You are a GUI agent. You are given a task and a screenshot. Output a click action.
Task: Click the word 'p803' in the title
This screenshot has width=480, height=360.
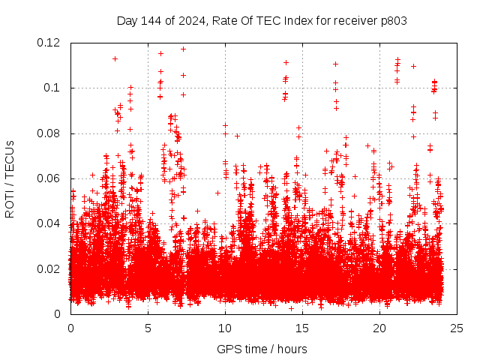pos(392,21)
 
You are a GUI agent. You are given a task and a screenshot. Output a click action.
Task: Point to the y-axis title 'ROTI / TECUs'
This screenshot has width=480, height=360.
pos(10,178)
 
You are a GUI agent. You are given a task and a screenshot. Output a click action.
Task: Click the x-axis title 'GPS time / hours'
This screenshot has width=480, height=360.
pos(263,349)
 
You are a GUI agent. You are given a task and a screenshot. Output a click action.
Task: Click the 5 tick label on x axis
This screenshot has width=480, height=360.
pos(148,328)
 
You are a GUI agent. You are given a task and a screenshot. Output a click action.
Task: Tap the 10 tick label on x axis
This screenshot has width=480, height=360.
pos(225,328)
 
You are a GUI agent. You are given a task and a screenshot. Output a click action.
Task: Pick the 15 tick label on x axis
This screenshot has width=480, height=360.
pos(302,328)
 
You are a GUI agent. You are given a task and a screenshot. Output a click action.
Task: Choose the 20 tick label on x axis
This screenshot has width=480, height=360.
pos(379,328)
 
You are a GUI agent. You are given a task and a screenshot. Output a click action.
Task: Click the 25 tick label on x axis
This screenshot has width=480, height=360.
pos(457,328)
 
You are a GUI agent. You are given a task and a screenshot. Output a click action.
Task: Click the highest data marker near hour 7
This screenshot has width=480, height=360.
pos(183,49)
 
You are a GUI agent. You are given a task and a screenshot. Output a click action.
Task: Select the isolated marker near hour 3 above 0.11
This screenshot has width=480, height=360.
pos(115,58)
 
